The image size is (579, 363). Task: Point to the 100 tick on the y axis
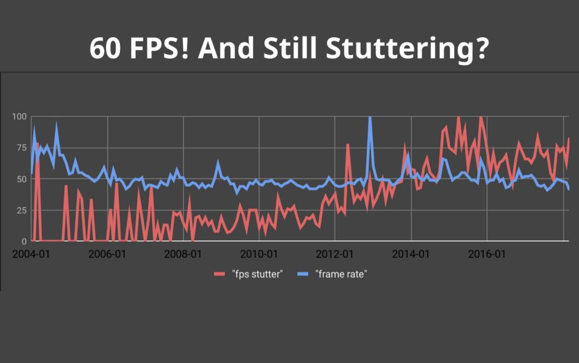coord(19,117)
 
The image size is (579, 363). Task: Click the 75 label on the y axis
coord(21,148)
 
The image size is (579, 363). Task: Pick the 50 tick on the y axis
coord(21,179)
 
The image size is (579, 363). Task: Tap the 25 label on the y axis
coord(21,211)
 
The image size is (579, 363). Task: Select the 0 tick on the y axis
coord(24,242)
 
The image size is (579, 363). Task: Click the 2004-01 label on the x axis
coord(31,254)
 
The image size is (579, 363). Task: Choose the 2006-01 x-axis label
coord(107,254)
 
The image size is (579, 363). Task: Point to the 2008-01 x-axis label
coord(183,254)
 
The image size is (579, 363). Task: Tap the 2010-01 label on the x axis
coord(259,254)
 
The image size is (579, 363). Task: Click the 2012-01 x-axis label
coord(335,254)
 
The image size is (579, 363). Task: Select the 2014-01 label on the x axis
coord(411,254)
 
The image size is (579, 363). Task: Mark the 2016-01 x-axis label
coord(487,254)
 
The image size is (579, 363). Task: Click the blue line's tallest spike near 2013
coord(370,118)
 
